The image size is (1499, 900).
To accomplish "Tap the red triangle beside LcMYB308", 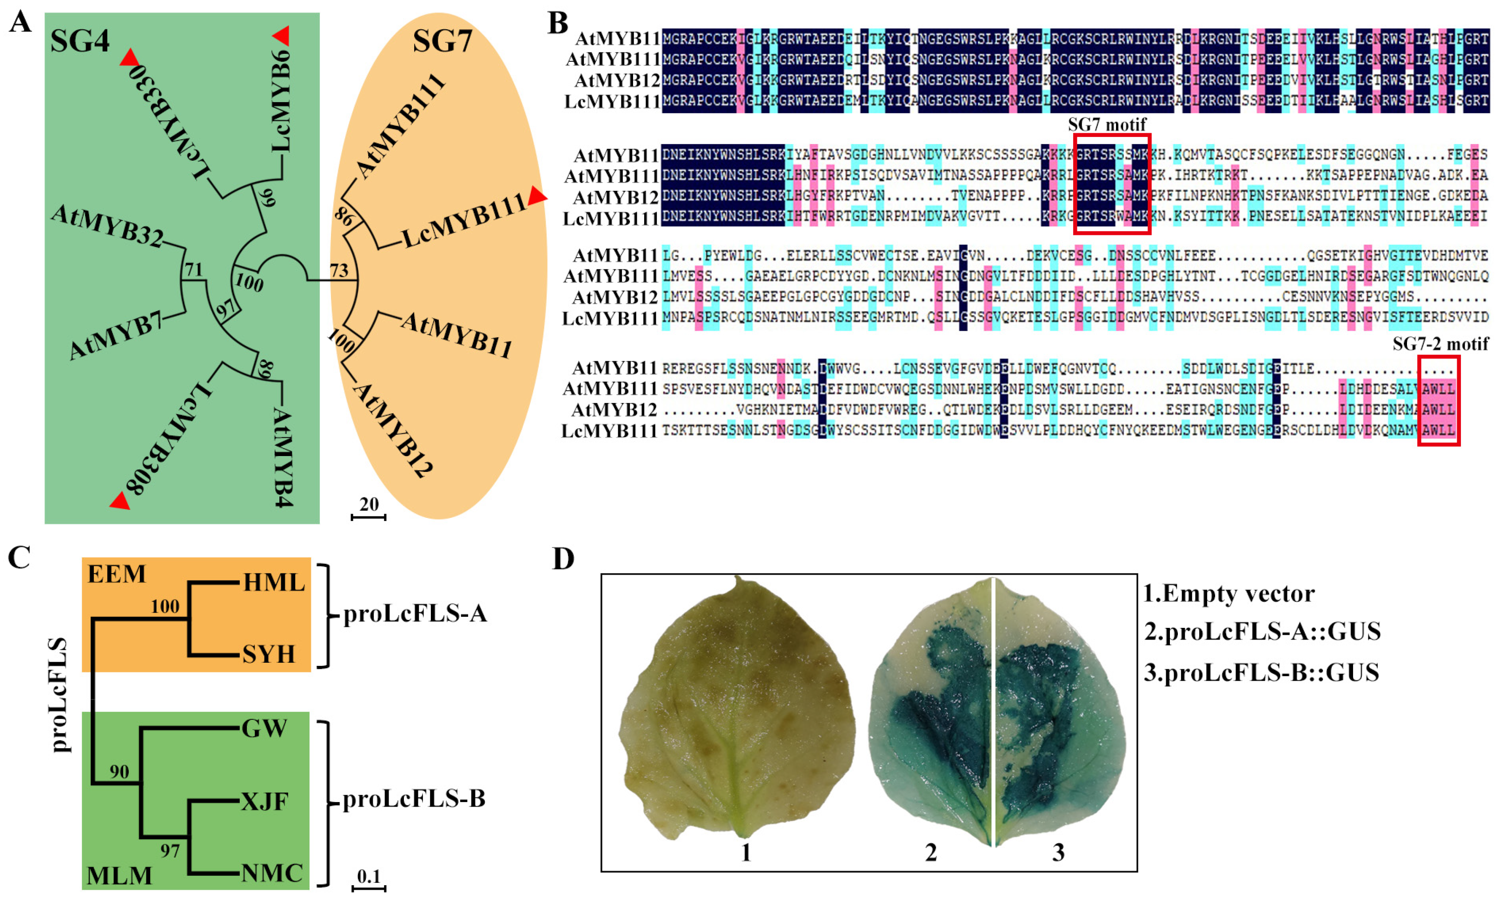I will (119, 502).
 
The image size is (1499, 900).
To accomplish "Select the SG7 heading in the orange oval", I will (442, 41).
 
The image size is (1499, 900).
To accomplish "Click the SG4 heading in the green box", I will (79, 41).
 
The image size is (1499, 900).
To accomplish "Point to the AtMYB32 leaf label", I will (107, 226).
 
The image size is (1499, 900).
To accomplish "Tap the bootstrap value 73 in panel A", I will (339, 270).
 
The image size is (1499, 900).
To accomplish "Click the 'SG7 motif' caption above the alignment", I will (1107, 125).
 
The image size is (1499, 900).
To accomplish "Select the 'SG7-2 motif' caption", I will (1440, 345).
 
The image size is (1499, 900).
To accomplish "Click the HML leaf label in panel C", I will (274, 582).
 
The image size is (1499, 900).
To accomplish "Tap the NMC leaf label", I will (272, 874).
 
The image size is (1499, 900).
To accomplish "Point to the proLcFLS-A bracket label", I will (415, 614).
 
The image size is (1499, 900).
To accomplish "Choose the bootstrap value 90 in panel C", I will (119, 771).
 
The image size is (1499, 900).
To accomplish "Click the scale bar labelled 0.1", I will (369, 888).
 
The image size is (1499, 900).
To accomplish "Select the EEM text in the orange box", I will (117, 574).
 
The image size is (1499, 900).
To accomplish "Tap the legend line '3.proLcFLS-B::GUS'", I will (1261, 672).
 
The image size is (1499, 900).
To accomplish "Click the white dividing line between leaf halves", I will (993, 712).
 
